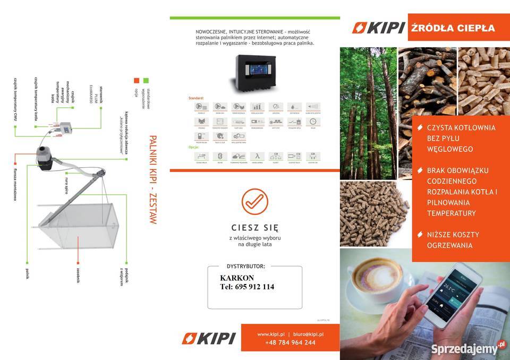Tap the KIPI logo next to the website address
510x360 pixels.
(208, 338)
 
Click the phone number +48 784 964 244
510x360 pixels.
(290, 342)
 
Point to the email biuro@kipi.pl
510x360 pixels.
(309, 334)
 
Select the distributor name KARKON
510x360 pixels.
(236, 278)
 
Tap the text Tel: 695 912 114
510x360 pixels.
(247, 287)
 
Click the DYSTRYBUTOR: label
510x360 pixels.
(245, 266)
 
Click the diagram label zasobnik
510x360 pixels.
(78, 273)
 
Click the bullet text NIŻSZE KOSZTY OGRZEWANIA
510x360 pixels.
(453, 240)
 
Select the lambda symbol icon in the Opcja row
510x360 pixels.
(257, 156)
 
